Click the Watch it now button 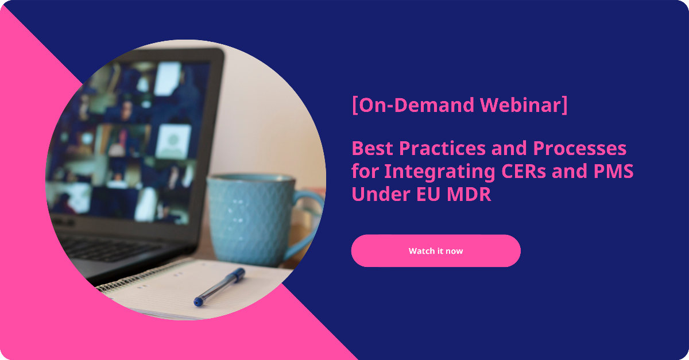tap(436, 251)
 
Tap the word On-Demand tap(416, 105)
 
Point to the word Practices tap(442, 148)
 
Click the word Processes tap(579, 148)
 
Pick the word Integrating tap(440, 171)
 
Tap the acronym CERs tap(524, 171)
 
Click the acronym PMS tap(613, 171)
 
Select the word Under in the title tap(381, 194)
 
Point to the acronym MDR tap(469, 194)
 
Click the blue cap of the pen tap(237, 275)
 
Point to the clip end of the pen tap(198, 301)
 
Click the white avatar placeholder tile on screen tap(173, 141)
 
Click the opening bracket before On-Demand tap(355, 105)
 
